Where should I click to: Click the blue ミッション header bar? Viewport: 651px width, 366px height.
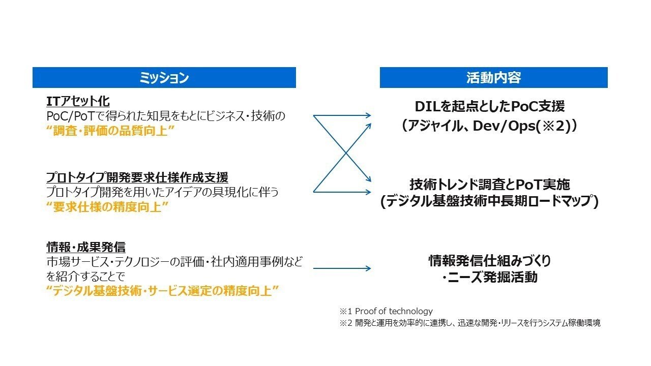point(164,78)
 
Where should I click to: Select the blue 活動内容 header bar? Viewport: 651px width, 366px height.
point(493,78)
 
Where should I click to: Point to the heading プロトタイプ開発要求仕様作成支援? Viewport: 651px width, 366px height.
point(137,177)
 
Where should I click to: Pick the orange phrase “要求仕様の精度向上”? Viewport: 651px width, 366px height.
point(107,207)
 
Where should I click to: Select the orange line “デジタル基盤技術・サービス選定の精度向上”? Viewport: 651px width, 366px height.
point(162,291)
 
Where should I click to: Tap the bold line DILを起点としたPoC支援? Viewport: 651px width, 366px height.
point(489,107)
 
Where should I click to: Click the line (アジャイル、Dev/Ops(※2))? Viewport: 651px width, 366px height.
point(489,126)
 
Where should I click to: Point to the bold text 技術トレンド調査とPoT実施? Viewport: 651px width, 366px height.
point(489,184)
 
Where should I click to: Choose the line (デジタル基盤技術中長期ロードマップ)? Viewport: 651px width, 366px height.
point(489,202)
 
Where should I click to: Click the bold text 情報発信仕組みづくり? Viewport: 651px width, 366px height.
point(489,261)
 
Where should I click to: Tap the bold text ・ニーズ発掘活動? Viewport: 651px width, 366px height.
point(489,278)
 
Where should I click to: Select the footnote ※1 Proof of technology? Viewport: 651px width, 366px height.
point(386,311)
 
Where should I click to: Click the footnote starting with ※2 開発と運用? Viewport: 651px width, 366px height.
point(469,323)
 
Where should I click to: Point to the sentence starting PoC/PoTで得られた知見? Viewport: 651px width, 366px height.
point(166,116)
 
